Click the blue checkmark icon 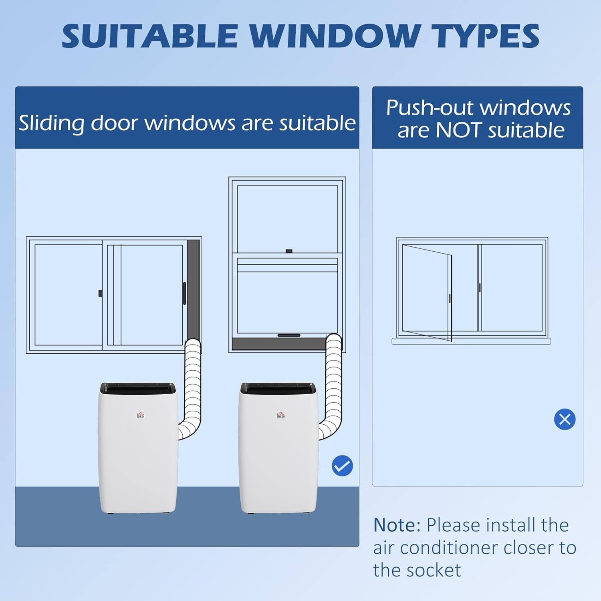click(x=342, y=466)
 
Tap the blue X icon click(x=565, y=419)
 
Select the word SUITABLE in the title click(x=150, y=36)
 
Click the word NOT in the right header click(x=458, y=131)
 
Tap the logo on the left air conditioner click(x=140, y=415)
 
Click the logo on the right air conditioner click(x=281, y=415)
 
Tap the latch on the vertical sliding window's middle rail click(x=289, y=251)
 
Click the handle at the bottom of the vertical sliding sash click(x=289, y=335)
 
